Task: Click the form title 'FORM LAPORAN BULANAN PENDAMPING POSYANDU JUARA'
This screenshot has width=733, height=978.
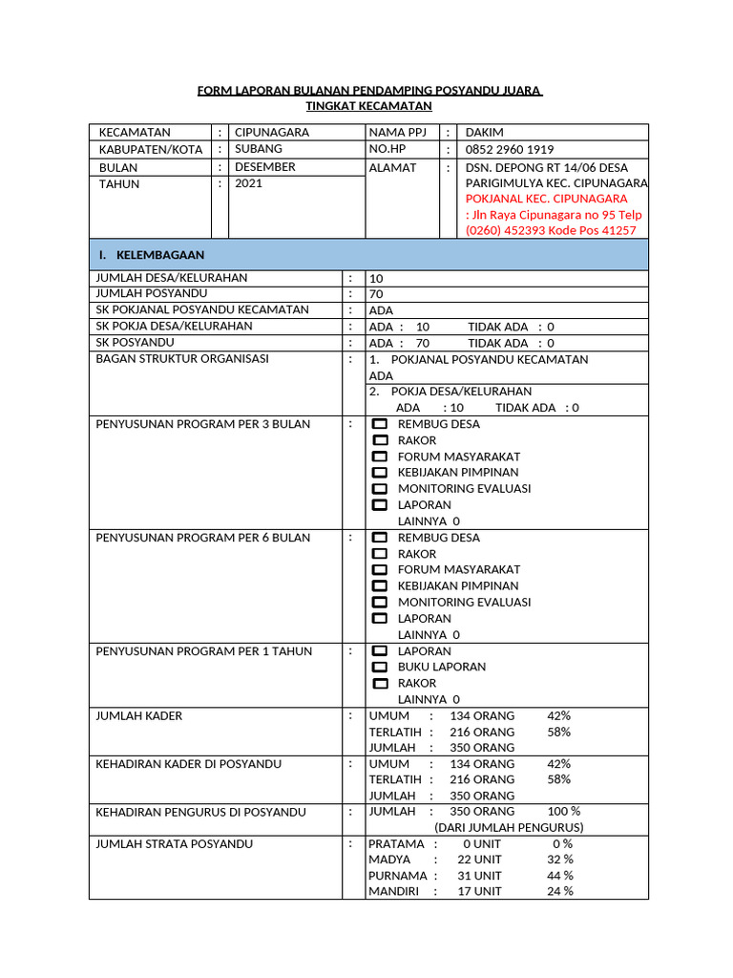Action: (369, 91)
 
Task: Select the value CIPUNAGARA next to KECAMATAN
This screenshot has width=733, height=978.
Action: (272, 133)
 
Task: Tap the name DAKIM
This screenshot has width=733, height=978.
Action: (484, 133)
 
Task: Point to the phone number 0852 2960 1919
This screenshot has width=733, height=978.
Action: (510, 150)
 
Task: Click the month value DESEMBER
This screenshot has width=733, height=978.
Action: (265, 166)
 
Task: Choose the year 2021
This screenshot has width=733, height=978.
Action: (248, 183)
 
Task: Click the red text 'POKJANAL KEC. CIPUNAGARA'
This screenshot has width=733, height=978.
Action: (546, 199)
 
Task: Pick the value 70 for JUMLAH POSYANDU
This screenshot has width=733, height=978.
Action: (376, 294)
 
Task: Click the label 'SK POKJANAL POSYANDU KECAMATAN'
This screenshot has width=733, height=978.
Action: (202, 309)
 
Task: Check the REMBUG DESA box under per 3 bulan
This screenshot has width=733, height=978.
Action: (380, 424)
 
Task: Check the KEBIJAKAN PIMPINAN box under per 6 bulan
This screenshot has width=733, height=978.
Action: (380, 585)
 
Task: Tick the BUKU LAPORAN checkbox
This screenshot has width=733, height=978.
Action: (380, 667)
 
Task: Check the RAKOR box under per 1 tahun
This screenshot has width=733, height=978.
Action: (380, 683)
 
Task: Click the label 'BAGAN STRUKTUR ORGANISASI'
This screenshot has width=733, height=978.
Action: (182, 359)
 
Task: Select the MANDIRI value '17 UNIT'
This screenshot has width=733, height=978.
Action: (479, 891)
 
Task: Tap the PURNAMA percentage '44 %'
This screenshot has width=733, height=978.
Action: (560, 875)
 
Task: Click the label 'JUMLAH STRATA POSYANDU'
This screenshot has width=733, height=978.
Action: (175, 843)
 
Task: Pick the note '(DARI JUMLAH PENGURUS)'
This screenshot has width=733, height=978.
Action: (509, 827)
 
